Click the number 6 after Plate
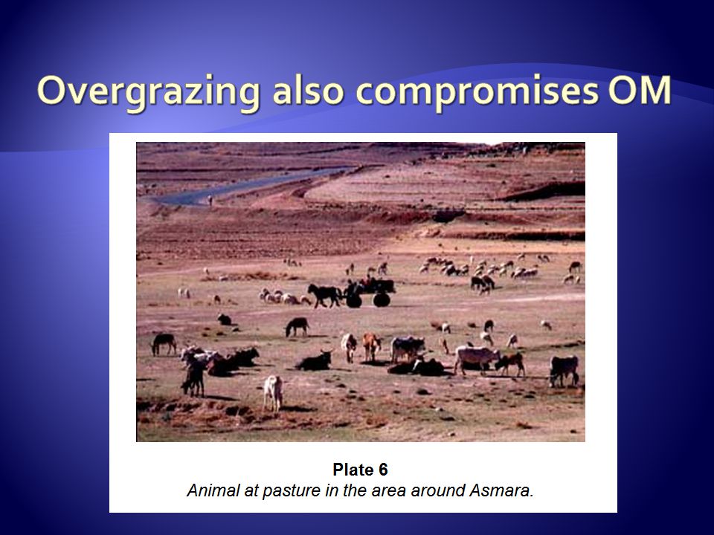[382, 470]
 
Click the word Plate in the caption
[353, 470]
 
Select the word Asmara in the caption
[501, 490]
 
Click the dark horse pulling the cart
[325, 295]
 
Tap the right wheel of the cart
[382, 299]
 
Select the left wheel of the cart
[353, 300]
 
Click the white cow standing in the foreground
[273, 392]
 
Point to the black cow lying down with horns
[315, 361]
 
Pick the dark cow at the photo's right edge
[564, 370]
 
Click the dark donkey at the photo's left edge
[164, 343]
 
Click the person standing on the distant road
[210, 200]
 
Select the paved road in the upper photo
[246, 187]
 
